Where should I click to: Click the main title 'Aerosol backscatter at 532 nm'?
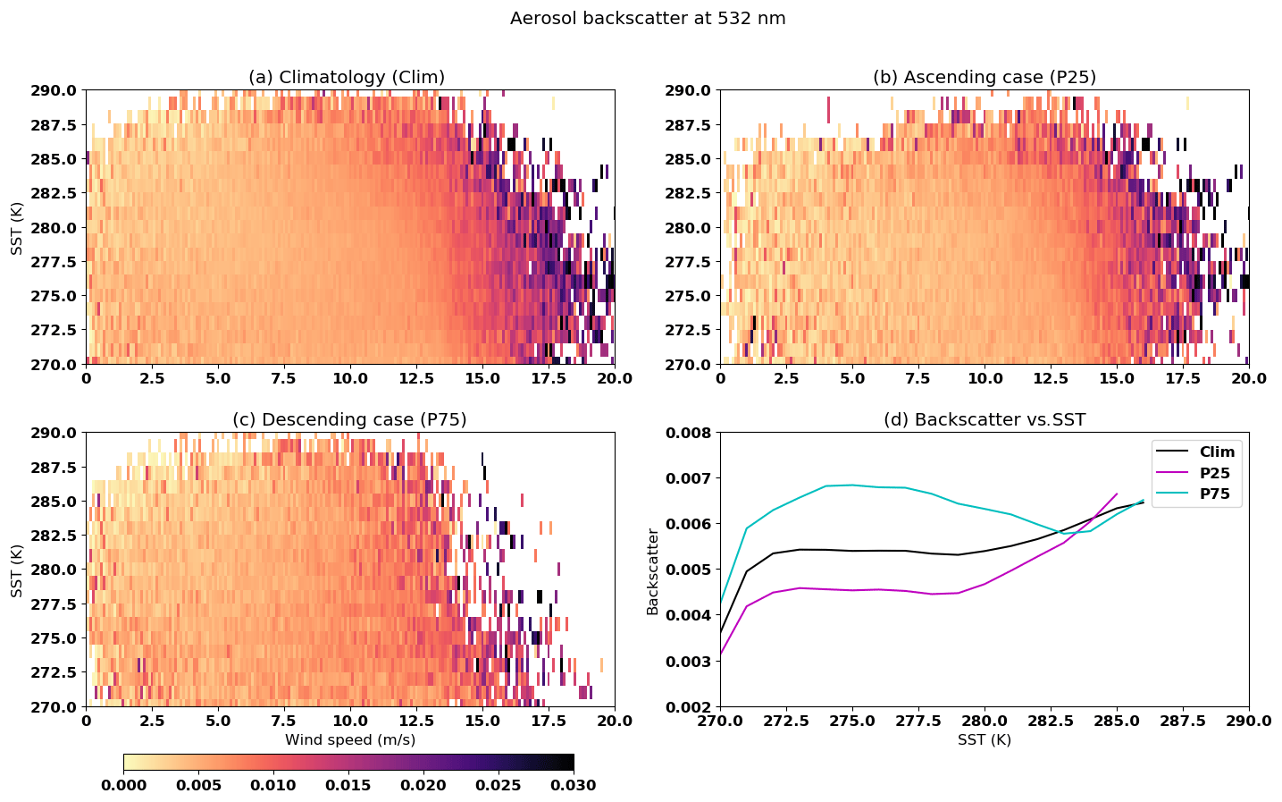(x=648, y=19)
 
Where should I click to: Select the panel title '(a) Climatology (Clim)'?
(x=346, y=77)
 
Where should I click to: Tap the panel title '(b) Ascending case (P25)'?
(x=984, y=77)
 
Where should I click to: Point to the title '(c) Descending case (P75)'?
(x=349, y=419)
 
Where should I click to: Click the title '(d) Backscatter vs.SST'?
(x=984, y=419)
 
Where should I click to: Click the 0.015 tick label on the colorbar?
(x=348, y=785)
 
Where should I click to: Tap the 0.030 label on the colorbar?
(x=574, y=785)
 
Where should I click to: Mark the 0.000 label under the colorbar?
(x=124, y=785)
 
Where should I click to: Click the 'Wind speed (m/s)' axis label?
(x=349, y=739)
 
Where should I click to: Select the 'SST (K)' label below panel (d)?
(x=984, y=739)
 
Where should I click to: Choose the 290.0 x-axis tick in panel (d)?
(x=1248, y=721)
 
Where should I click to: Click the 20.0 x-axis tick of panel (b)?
(x=1248, y=378)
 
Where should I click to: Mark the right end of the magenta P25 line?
(x=1117, y=494)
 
